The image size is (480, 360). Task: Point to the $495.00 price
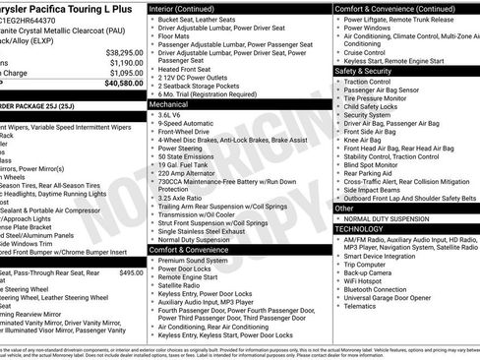coord(131,245)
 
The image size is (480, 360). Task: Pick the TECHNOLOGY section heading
coord(359,227)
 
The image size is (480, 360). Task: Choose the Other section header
coord(344,209)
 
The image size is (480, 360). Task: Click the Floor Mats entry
coord(180,38)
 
